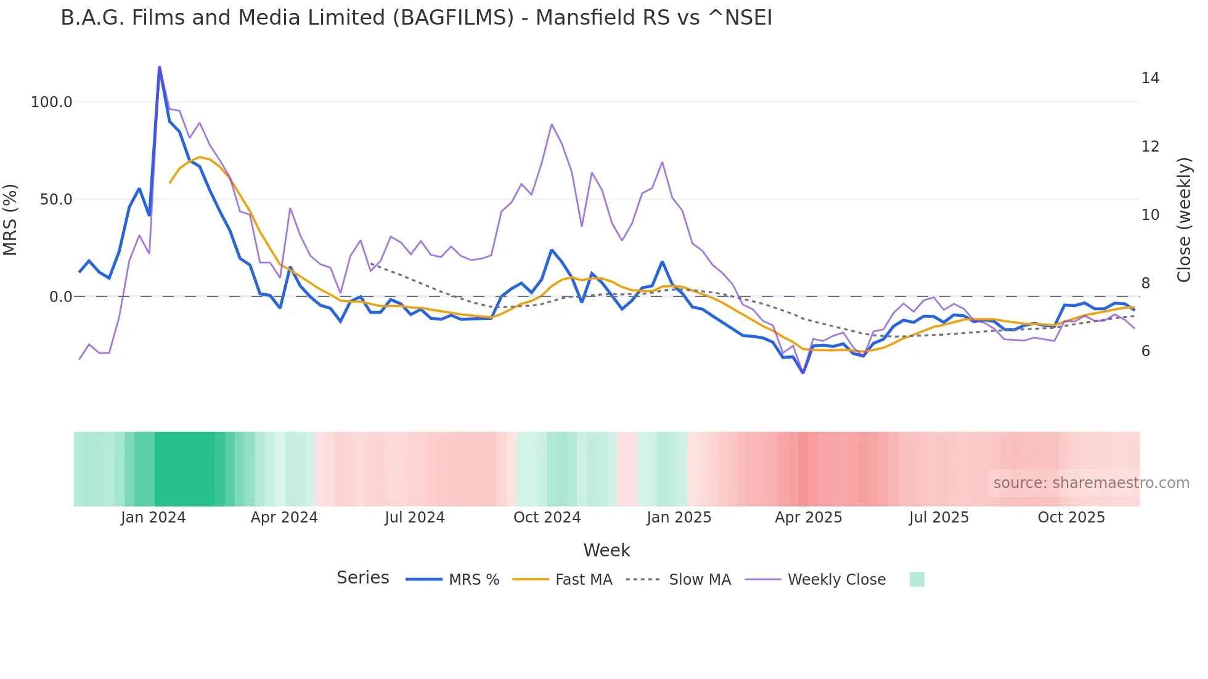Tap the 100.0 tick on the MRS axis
[51, 102]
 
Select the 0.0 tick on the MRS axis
[60, 297]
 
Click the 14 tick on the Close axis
[1150, 78]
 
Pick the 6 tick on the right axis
[1146, 351]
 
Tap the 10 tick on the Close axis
[1150, 215]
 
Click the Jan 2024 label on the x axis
[153, 518]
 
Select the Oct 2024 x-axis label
[547, 518]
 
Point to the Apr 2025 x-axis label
[808, 518]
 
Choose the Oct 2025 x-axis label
[1071, 518]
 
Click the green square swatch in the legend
[916, 579]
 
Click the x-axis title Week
[606, 550]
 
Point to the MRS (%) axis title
[10, 219]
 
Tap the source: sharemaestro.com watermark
[1091, 483]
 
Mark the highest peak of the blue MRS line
[159, 67]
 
